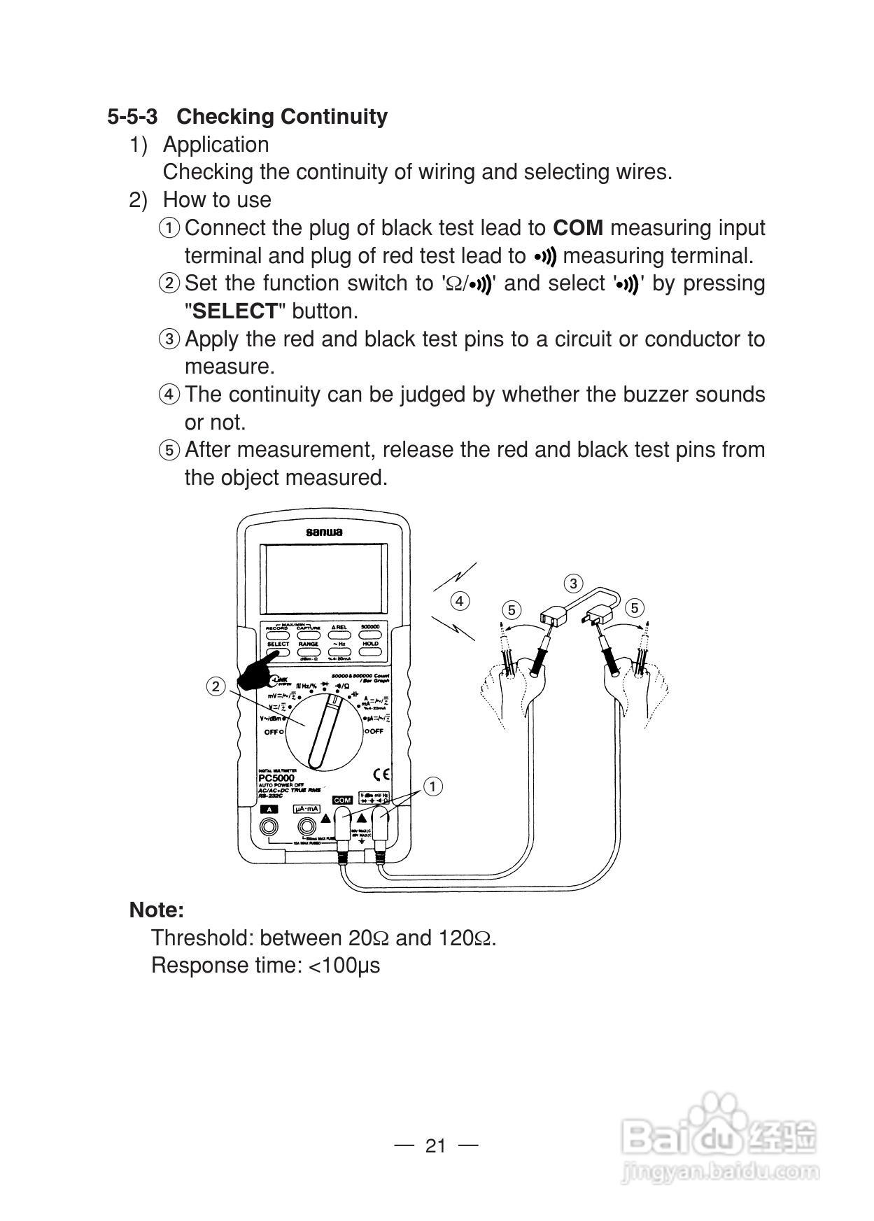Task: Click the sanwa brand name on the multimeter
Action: pos(324,532)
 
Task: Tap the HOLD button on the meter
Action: pos(370,651)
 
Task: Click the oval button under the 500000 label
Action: pos(370,635)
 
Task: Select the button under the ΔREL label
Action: pos(339,635)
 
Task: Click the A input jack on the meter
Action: pos(268,827)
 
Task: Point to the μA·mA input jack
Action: pos(306,827)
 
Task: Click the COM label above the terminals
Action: pos(342,800)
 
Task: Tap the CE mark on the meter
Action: pos(381,775)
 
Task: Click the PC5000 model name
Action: pos(276,777)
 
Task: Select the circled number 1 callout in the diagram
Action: pos(433,786)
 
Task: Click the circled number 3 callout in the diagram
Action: pos(573,584)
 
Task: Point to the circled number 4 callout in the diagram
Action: pos(459,600)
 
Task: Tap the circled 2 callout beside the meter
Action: pos(216,686)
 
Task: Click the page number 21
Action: pos(435,1145)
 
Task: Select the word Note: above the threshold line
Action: pos(157,910)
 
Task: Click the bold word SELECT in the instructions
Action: pos(235,311)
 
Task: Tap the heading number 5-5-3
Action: pos(132,117)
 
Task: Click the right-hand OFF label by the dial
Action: pos(375,731)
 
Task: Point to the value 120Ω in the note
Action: pos(465,938)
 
